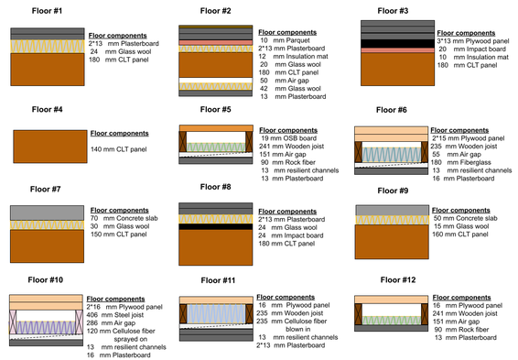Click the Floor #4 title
pyautogui.click(x=47, y=109)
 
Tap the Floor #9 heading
pyautogui.click(x=393, y=191)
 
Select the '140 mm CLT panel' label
pyautogui.click(x=119, y=149)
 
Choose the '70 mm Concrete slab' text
pyautogui.click(x=124, y=218)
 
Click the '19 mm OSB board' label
pyautogui.click(x=288, y=138)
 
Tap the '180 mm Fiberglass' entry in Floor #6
pyautogui.click(x=460, y=162)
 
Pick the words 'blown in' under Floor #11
pyautogui.click(x=298, y=329)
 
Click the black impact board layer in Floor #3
pyautogui.click(x=397, y=44)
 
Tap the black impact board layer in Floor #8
pyautogui.click(x=216, y=227)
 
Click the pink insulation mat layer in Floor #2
pyautogui.click(x=216, y=43)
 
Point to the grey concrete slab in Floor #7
pyautogui.click(x=47, y=213)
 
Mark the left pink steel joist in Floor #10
pyautogui.click(x=13, y=322)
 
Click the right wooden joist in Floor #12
pyautogui.click(x=425, y=314)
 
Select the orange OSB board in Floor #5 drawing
pyautogui.click(x=216, y=128)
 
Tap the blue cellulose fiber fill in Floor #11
pyautogui.click(x=216, y=313)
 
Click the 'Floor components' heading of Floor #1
pyautogui.click(x=118, y=36)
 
